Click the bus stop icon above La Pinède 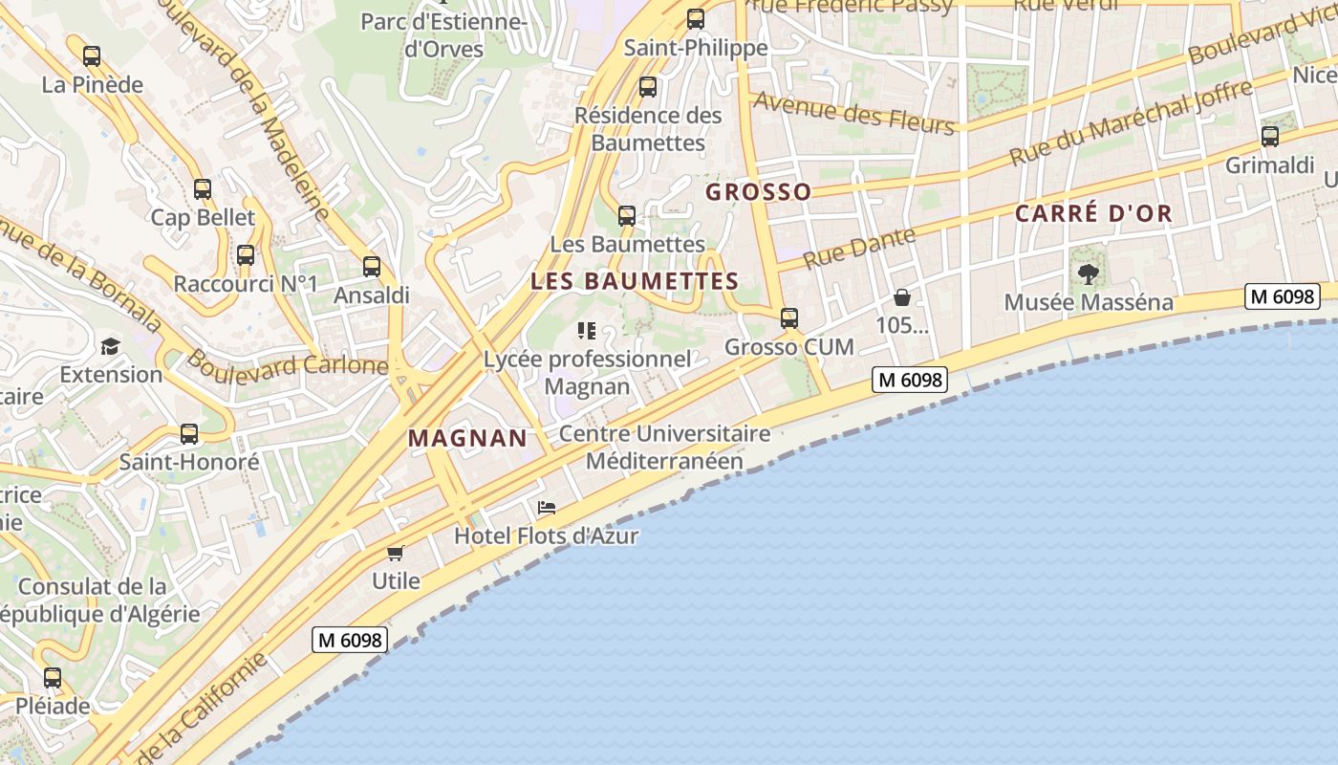tap(92, 56)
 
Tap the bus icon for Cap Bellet tap(203, 189)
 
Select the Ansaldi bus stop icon tap(372, 268)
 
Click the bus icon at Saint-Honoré tap(189, 434)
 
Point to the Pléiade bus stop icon tap(53, 678)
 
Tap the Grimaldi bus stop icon tap(1270, 137)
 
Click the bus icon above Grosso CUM tap(789, 318)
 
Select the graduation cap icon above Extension tap(111, 346)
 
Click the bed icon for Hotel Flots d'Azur tap(547, 508)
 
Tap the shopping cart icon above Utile tap(396, 553)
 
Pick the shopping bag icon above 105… tap(901, 297)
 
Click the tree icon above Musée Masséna tap(1088, 274)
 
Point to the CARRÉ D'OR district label tap(1093, 213)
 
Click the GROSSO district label tap(758, 192)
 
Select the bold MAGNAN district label tap(467, 438)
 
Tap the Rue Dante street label tap(859, 248)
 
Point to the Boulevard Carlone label tap(287, 362)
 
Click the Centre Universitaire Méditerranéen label tap(664, 447)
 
